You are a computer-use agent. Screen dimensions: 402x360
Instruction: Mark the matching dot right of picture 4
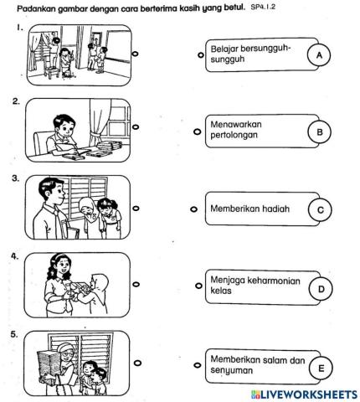click(136, 286)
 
